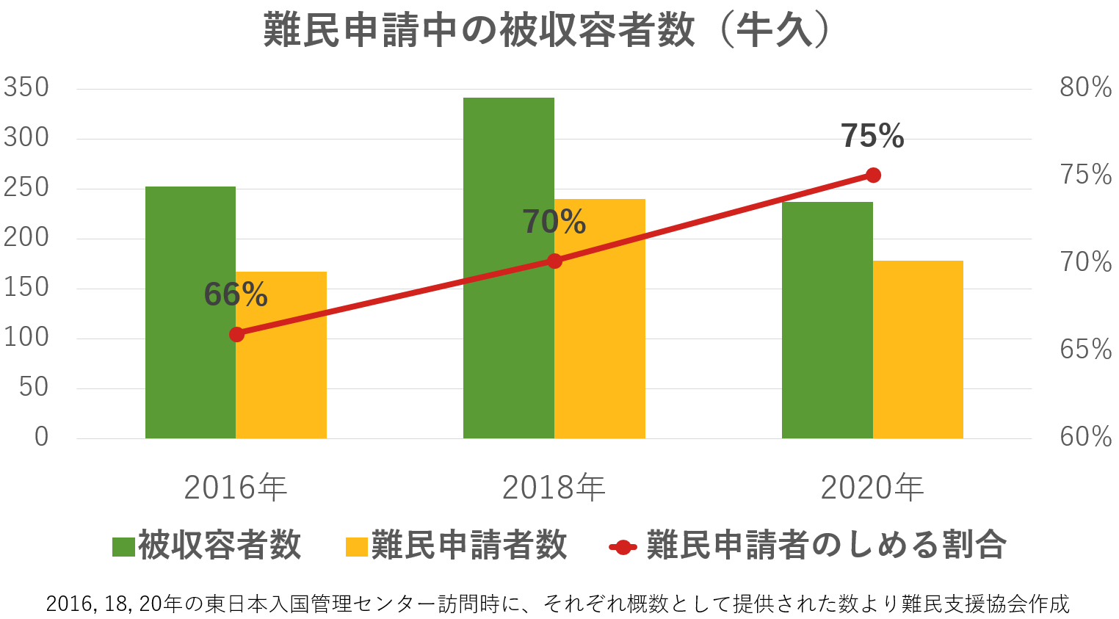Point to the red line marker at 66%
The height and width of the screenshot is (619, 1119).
pos(236,335)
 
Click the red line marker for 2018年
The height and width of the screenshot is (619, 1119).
pos(554,261)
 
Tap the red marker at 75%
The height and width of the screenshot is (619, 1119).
pos(873,175)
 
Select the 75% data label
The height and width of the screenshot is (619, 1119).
pos(872,136)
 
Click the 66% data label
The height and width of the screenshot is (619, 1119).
pos(236,294)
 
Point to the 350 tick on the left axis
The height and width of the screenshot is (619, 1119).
pos(26,87)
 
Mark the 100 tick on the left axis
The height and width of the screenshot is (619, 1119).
pos(26,338)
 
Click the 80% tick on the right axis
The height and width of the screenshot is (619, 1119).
pos(1085,87)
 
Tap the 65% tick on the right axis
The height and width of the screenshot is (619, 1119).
pos(1085,350)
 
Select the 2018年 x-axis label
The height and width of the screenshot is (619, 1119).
pos(554,488)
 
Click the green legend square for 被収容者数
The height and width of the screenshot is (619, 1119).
pos(123,547)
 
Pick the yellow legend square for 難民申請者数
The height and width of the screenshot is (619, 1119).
pos(356,547)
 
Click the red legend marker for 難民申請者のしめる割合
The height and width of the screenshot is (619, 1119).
pos(623,547)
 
